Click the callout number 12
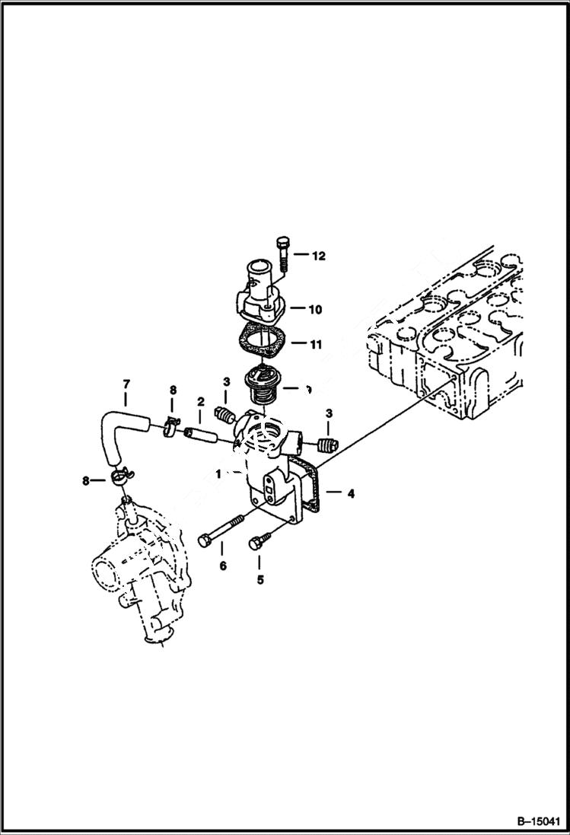[x=318, y=257]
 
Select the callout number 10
[x=314, y=310]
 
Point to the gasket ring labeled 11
[x=261, y=339]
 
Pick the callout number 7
[x=126, y=385]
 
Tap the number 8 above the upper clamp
[x=174, y=390]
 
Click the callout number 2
[x=201, y=401]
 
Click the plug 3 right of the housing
[x=326, y=445]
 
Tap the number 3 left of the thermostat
[x=226, y=381]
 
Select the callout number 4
[x=350, y=494]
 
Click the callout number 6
[x=222, y=566]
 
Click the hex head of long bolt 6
[x=205, y=540]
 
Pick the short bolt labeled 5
[x=256, y=543]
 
